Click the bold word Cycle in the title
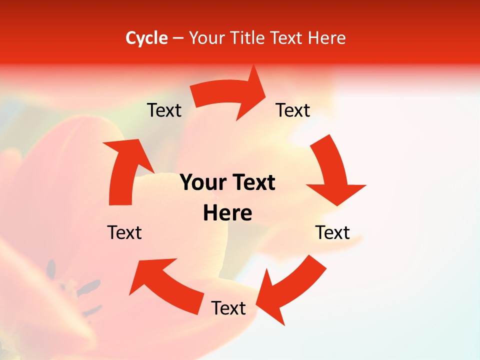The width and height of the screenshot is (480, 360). [146, 38]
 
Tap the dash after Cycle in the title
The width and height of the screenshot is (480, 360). [178, 38]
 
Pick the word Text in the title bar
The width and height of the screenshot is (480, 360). [286, 38]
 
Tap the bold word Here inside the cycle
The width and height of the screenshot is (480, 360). [227, 213]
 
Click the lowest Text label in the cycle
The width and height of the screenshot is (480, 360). [228, 308]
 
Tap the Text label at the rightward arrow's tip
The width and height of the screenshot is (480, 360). [293, 110]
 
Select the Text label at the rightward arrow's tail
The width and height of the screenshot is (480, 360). [164, 110]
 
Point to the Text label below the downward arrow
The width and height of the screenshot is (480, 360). [332, 232]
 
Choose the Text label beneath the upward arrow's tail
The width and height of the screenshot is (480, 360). [124, 232]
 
